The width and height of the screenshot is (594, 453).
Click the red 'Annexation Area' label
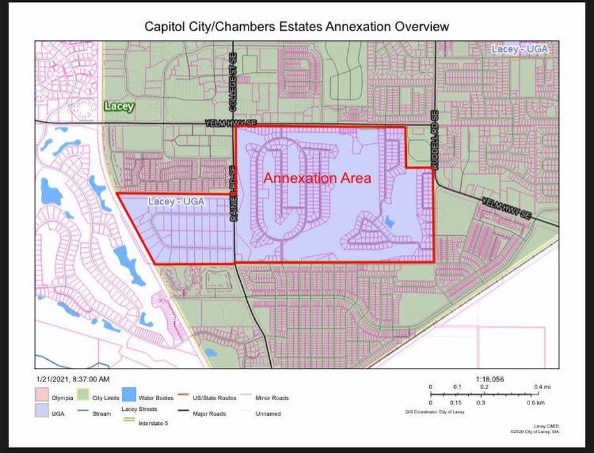[x=317, y=178]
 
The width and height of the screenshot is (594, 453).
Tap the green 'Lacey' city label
[x=119, y=106]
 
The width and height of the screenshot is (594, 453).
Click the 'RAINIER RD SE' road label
[x=233, y=194]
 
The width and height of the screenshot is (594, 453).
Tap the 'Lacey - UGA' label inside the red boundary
[x=176, y=202]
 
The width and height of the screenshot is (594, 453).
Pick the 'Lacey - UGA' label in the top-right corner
[x=521, y=49]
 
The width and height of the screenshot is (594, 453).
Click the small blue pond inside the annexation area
[x=389, y=222]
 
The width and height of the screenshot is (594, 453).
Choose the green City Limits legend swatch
[x=82, y=397]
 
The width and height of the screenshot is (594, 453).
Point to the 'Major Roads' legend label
[x=209, y=413]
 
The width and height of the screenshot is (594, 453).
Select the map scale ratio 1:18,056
[x=490, y=379]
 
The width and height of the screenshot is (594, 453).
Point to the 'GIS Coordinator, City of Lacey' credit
[x=434, y=412]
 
